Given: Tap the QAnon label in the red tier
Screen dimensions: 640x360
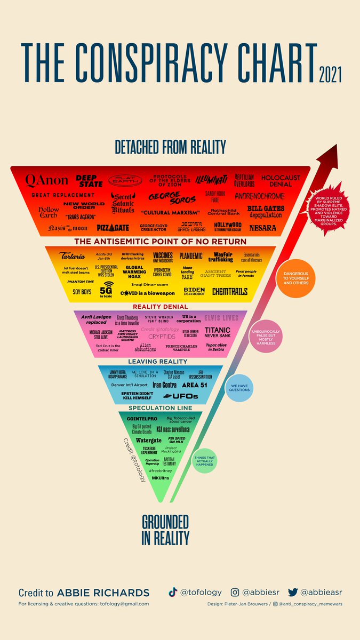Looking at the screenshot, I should (x=47, y=179).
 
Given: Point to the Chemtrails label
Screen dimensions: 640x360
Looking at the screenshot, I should (x=230, y=292).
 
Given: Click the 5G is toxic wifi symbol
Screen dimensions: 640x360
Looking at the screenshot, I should (x=108, y=288).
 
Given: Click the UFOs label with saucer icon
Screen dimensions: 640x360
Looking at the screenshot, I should (x=182, y=396).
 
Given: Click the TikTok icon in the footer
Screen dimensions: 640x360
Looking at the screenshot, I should (x=172, y=592).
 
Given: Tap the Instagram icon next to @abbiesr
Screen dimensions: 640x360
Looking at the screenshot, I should (x=235, y=592).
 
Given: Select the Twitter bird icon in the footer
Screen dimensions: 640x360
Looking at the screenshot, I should (x=293, y=592).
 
